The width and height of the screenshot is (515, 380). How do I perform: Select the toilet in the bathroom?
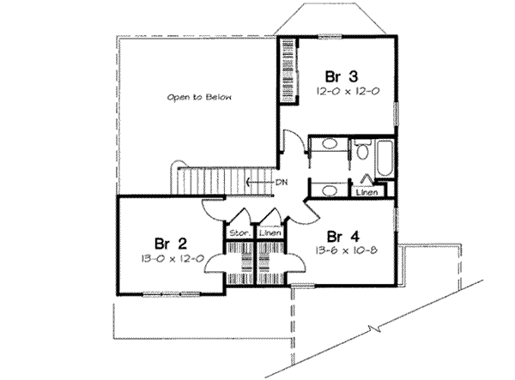362,153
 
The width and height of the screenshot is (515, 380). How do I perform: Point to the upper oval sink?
326,147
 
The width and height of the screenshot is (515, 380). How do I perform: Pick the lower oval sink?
326,190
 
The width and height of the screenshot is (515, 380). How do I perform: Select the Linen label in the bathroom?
366,193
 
